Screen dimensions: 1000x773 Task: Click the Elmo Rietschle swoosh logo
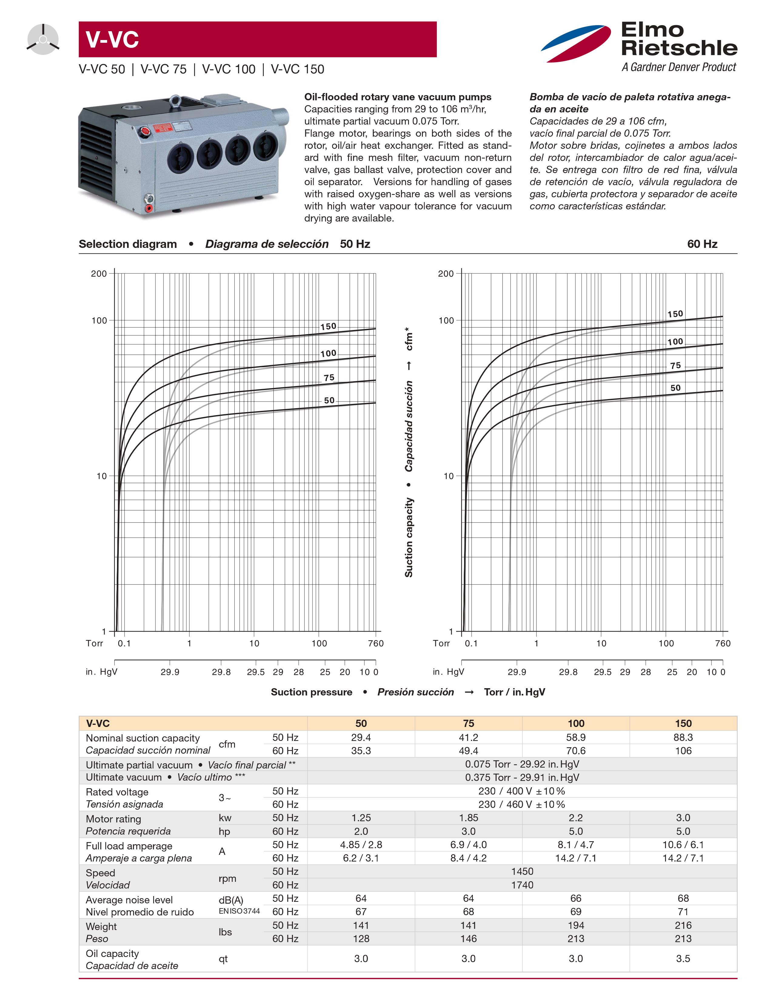point(576,44)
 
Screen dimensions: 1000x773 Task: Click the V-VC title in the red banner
point(112,39)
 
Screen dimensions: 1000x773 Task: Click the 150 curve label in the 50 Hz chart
point(328,326)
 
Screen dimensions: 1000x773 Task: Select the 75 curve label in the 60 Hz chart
point(675,365)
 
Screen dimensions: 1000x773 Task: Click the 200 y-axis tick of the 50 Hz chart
point(99,274)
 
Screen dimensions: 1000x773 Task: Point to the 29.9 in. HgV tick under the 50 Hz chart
point(170,672)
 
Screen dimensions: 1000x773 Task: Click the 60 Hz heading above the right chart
point(701,244)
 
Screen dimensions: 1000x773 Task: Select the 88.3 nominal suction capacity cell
point(683,737)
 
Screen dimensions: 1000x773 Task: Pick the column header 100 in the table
point(576,723)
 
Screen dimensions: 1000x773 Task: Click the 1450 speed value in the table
point(522,871)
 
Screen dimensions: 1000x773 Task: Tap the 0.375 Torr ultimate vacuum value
point(522,778)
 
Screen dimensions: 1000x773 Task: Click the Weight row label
point(101,926)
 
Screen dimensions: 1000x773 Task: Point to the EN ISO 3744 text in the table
point(239,911)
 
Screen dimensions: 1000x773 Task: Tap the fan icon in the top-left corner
point(42,40)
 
